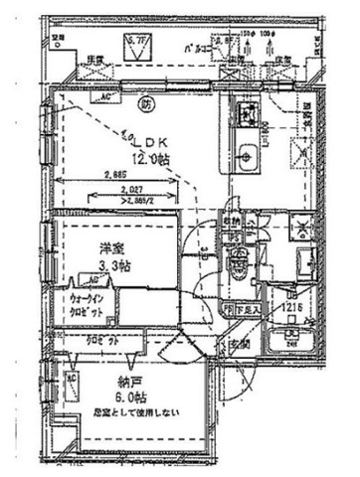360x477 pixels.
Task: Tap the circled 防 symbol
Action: point(147,103)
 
